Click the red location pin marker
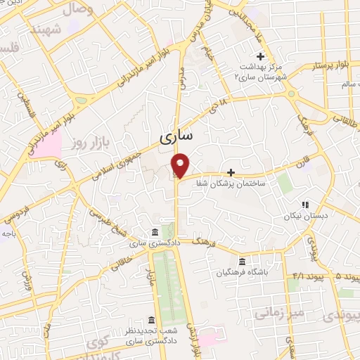click(x=181, y=165)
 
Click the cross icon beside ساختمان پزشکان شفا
click(x=231, y=172)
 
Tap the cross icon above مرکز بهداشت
click(x=260, y=56)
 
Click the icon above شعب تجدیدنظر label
click(x=149, y=319)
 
